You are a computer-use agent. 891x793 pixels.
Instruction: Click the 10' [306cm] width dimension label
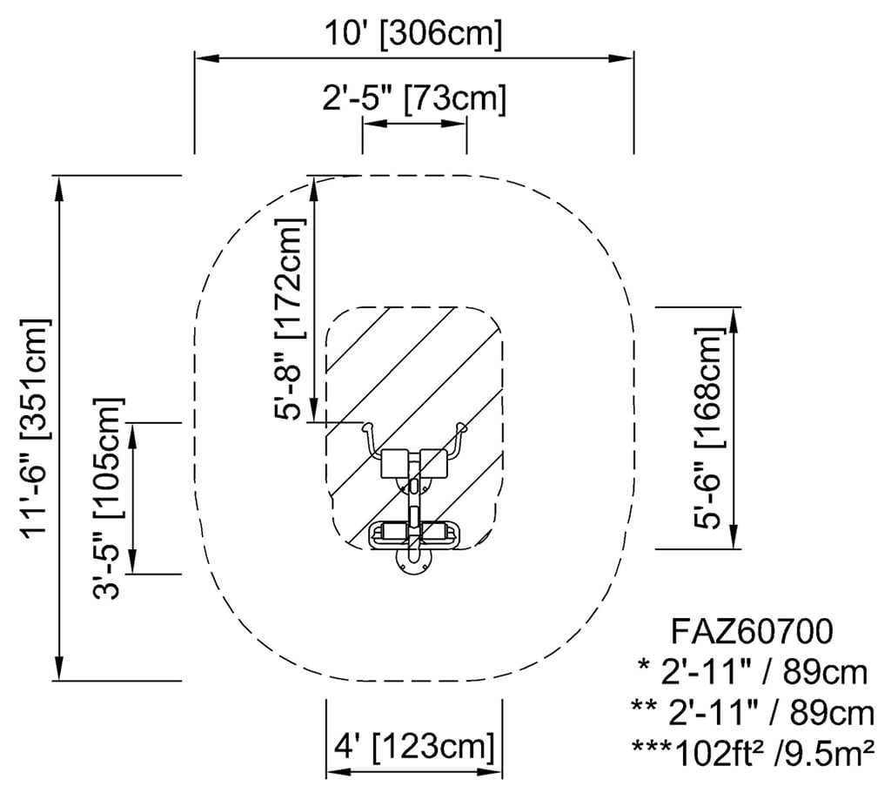(413, 34)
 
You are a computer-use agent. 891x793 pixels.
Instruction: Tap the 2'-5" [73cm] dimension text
(413, 97)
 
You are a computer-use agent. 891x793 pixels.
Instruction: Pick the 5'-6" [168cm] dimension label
(709, 427)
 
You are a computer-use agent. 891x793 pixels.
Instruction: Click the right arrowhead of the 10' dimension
(626, 58)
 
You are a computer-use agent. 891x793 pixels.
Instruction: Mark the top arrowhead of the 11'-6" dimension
(59, 184)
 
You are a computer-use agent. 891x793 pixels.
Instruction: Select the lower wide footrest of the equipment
(413, 532)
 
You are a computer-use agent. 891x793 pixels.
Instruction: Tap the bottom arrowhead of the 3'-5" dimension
(133, 566)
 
